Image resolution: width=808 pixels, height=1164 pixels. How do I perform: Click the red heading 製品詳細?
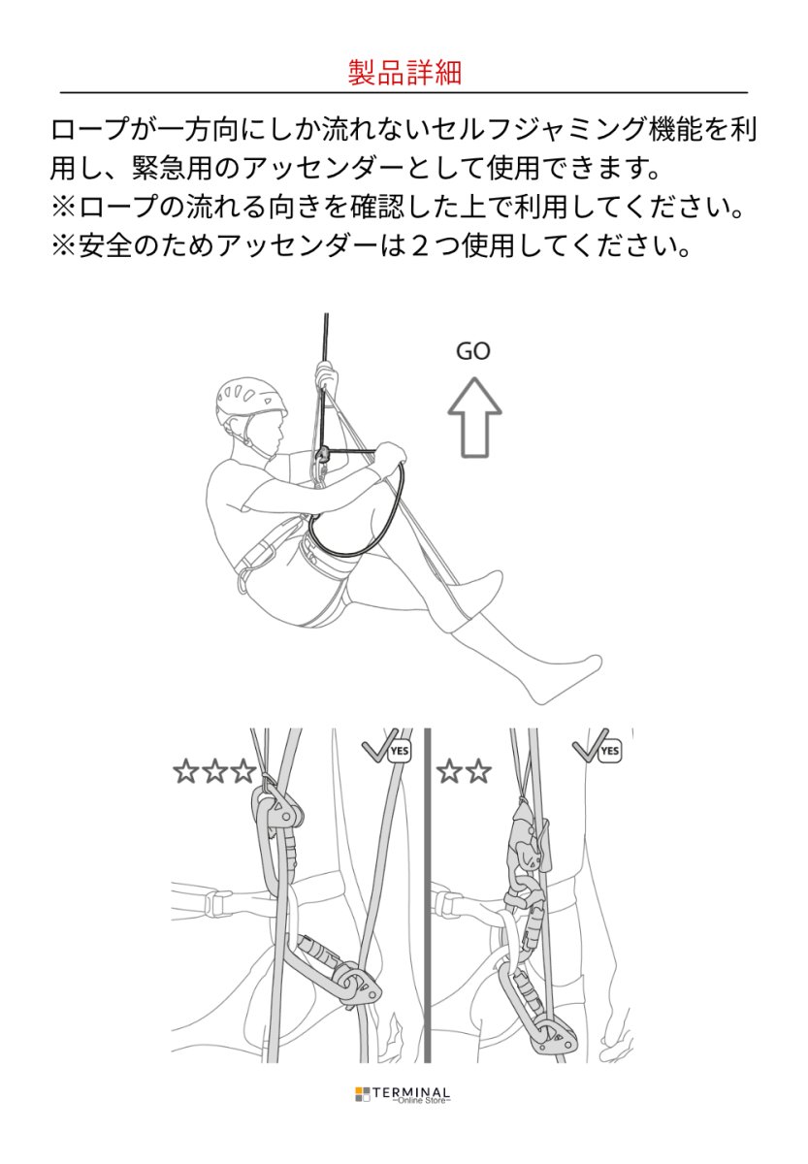coord(404,72)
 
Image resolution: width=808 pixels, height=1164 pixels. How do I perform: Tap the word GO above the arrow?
coord(473,351)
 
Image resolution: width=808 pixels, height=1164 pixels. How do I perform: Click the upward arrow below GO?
coord(473,416)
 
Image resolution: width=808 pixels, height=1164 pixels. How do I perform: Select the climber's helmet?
coord(250,402)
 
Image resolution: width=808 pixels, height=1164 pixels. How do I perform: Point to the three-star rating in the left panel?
coord(214,772)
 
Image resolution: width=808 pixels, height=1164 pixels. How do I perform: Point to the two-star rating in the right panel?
coord(464,772)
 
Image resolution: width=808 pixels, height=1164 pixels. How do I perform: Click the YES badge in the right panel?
coord(609,751)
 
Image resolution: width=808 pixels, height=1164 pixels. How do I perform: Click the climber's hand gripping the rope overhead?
coord(327,376)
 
